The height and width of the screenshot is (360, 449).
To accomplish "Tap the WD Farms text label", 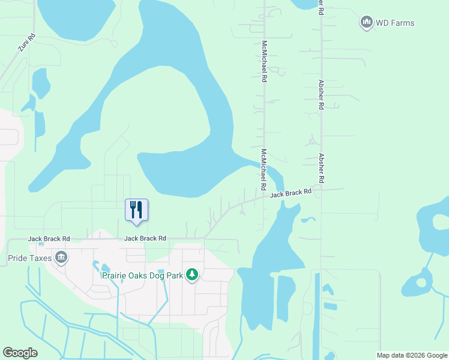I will (395, 23).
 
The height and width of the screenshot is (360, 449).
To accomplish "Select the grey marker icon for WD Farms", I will (366, 23).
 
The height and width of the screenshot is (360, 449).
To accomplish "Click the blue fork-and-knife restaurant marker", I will (136, 210).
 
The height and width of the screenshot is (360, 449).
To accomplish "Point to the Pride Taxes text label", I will (30, 259).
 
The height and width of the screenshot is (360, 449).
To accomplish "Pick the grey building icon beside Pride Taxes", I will (61, 258).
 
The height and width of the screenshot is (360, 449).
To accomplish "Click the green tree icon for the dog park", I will (192, 275).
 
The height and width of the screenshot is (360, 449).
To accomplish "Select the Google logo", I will (20, 353).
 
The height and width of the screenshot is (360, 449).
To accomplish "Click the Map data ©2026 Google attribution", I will (411, 355).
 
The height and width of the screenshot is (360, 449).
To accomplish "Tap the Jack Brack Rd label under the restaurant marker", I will (145, 239).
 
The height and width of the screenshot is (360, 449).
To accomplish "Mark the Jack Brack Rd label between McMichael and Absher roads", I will (291, 193).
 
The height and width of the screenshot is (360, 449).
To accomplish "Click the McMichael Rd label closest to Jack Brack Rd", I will (264, 167).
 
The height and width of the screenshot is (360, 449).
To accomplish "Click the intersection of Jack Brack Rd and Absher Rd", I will (322, 189).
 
